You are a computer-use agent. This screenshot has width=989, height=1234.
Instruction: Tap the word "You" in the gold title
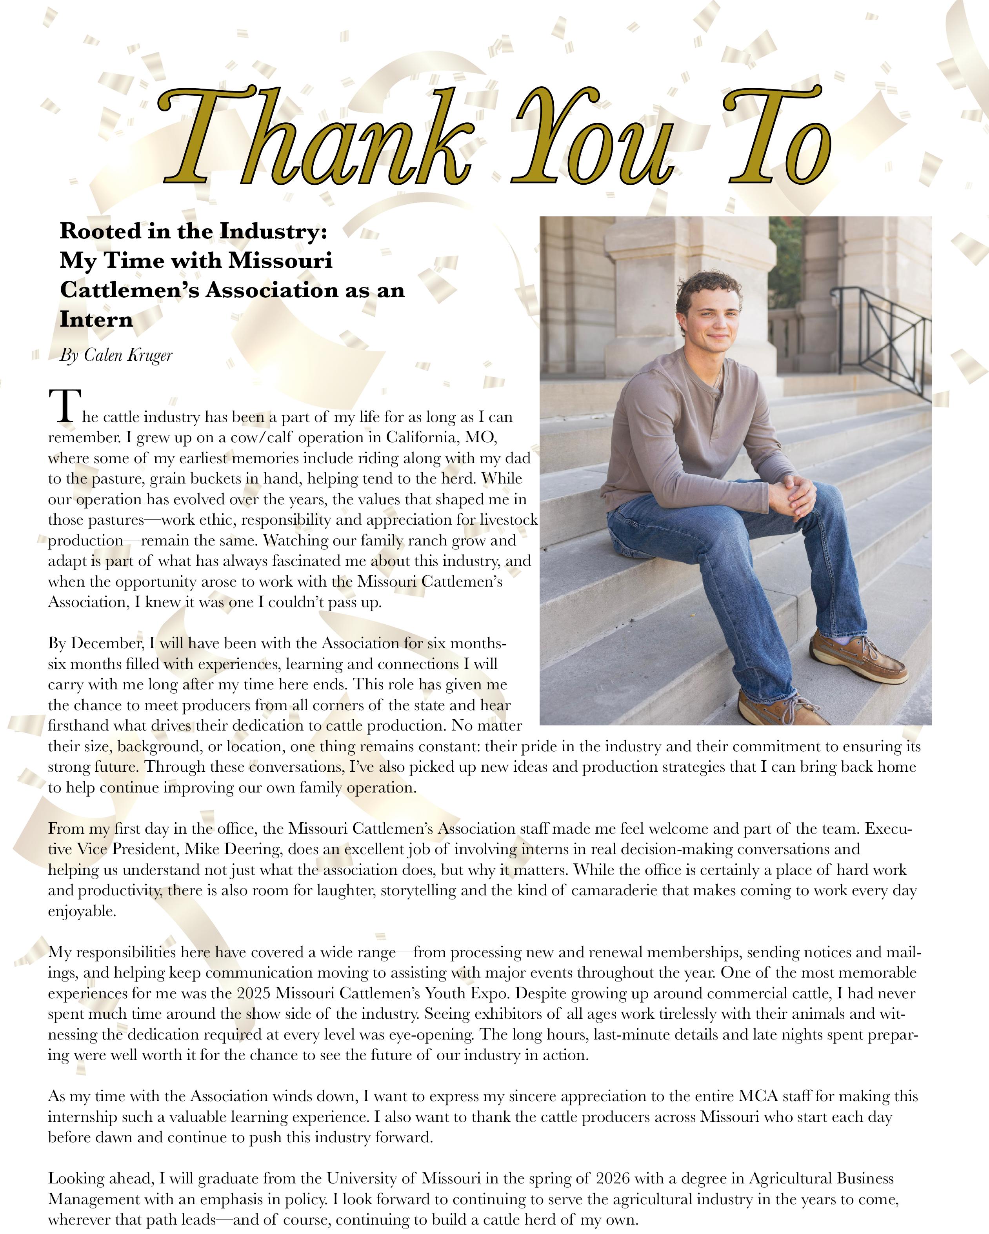[x=593, y=140]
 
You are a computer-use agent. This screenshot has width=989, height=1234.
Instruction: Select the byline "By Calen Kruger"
[x=116, y=355]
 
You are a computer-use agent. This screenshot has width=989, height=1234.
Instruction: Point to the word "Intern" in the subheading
[x=96, y=319]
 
